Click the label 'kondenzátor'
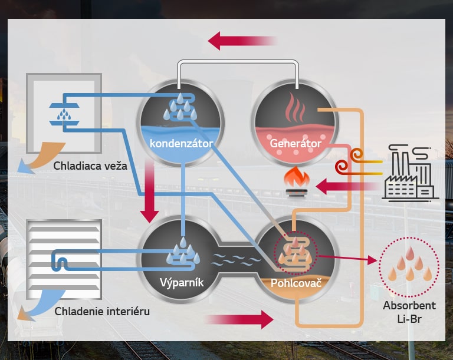point(181,143)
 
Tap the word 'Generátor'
point(296,143)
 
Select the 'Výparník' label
point(182,283)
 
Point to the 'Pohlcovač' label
point(296,283)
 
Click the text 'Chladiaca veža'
point(90,166)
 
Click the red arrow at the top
point(242,41)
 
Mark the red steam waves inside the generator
point(296,108)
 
